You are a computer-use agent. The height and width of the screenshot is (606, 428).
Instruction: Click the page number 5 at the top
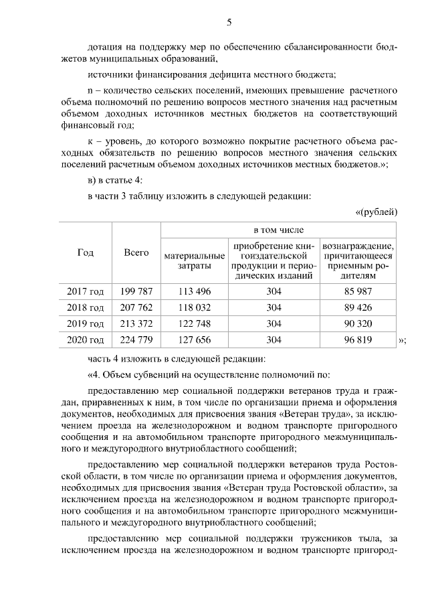pyautogui.click(x=229, y=22)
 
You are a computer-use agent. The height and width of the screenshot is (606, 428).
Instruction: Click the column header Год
pyautogui.click(x=86, y=253)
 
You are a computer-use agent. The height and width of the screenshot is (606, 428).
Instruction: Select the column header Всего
pyautogui.click(x=136, y=253)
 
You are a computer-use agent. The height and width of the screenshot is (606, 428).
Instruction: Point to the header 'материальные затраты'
pyautogui.click(x=194, y=261)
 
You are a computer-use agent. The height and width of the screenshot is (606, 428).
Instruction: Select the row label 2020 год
pyautogui.click(x=86, y=340)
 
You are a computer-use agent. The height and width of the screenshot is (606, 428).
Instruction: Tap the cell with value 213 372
pyautogui.click(x=136, y=324)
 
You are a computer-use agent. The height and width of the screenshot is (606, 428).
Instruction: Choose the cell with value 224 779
pyautogui.click(x=136, y=340)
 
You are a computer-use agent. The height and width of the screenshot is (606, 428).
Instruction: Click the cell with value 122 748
pyautogui.click(x=194, y=324)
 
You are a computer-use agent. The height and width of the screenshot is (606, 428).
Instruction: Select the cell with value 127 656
pyautogui.click(x=194, y=340)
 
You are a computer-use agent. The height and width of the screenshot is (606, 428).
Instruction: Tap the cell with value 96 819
pyautogui.click(x=358, y=340)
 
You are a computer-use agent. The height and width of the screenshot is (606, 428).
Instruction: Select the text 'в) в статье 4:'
pyautogui.click(x=114, y=180)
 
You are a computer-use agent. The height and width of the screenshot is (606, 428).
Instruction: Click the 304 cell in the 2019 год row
pyautogui.click(x=274, y=324)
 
